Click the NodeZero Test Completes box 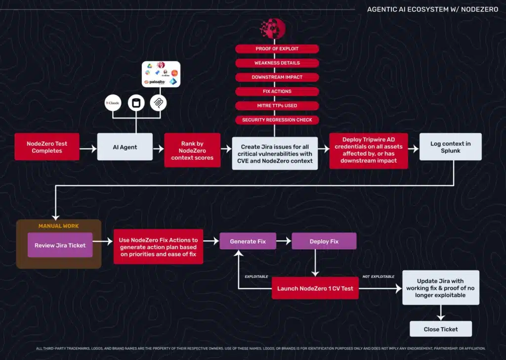pyautogui.click(x=47, y=147)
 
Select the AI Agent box pyautogui.click(x=125, y=147)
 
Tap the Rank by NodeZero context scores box pyautogui.click(x=192, y=150)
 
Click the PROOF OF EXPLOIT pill pyautogui.click(x=277, y=49)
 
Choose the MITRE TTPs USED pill pyautogui.click(x=277, y=105)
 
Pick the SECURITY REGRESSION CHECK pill pyautogui.click(x=277, y=120)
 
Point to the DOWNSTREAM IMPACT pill pyautogui.click(x=277, y=77)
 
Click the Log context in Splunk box pyautogui.click(x=450, y=147)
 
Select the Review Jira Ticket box pyautogui.click(x=60, y=245)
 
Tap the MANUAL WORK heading pyautogui.click(x=58, y=226)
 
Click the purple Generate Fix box pyautogui.click(x=248, y=241)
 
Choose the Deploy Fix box pyautogui.click(x=324, y=241)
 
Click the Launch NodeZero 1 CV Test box pyautogui.click(x=315, y=288)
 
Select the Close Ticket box pyautogui.click(x=441, y=329)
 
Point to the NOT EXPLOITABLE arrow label pyautogui.click(x=379, y=277)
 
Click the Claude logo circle pyautogui.click(x=113, y=103)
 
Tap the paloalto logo pyautogui.click(x=154, y=82)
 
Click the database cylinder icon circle pyautogui.click(x=135, y=103)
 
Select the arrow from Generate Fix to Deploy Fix pyautogui.click(x=283, y=241)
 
